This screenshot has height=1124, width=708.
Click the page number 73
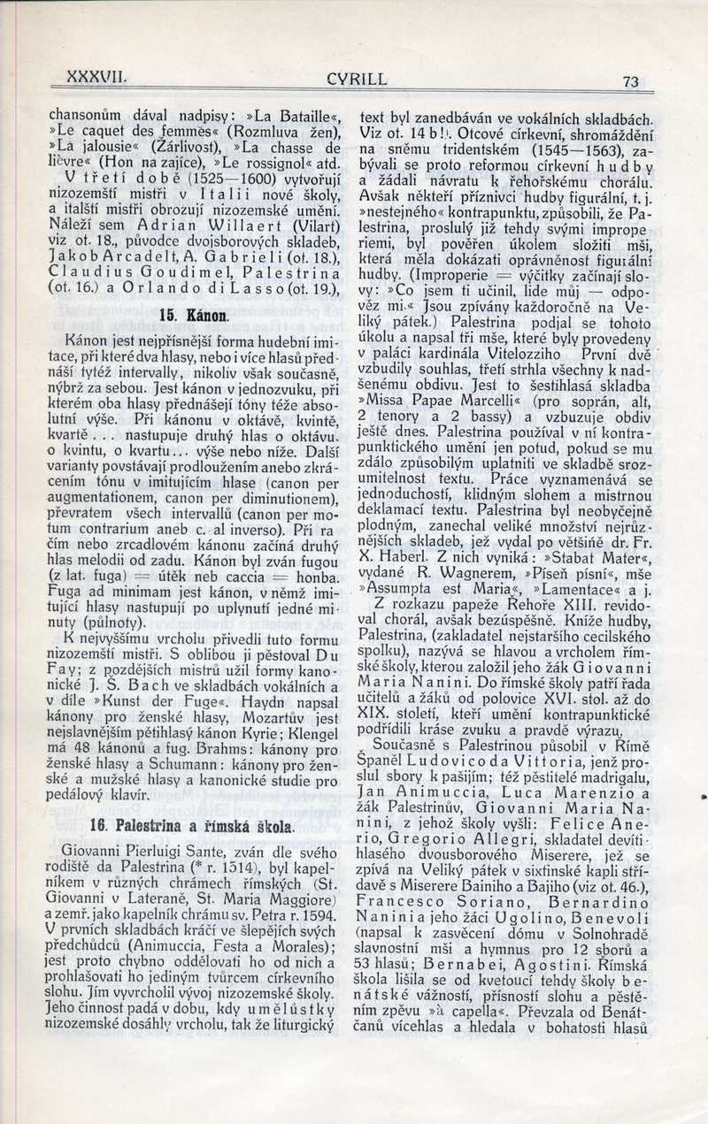[631, 81]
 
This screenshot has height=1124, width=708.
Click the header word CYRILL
[357, 79]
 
